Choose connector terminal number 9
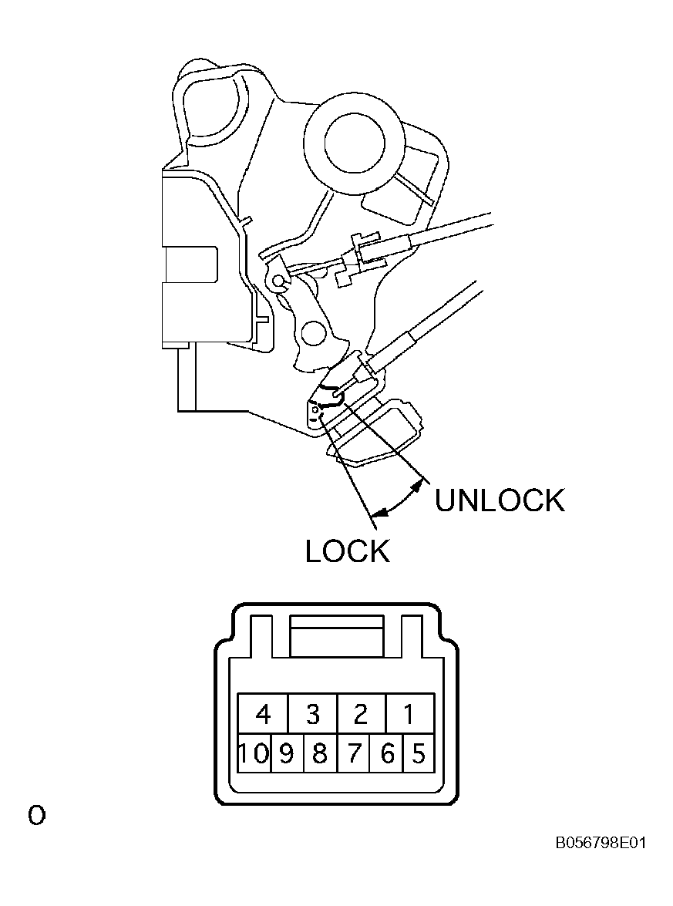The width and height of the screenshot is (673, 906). tap(287, 754)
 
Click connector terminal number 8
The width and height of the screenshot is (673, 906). tap(320, 754)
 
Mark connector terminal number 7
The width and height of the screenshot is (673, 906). tap(353, 754)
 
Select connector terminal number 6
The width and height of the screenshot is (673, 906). tap(386, 754)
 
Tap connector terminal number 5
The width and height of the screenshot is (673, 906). tap(419, 754)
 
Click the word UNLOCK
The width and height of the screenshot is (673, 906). tap(500, 500)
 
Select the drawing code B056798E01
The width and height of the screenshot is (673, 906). tap(601, 843)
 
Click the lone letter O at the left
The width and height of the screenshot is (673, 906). tap(36, 816)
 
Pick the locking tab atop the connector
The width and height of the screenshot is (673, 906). tap(337, 635)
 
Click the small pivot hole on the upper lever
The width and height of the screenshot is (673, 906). tap(279, 281)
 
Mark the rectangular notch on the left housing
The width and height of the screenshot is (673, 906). tap(190, 264)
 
